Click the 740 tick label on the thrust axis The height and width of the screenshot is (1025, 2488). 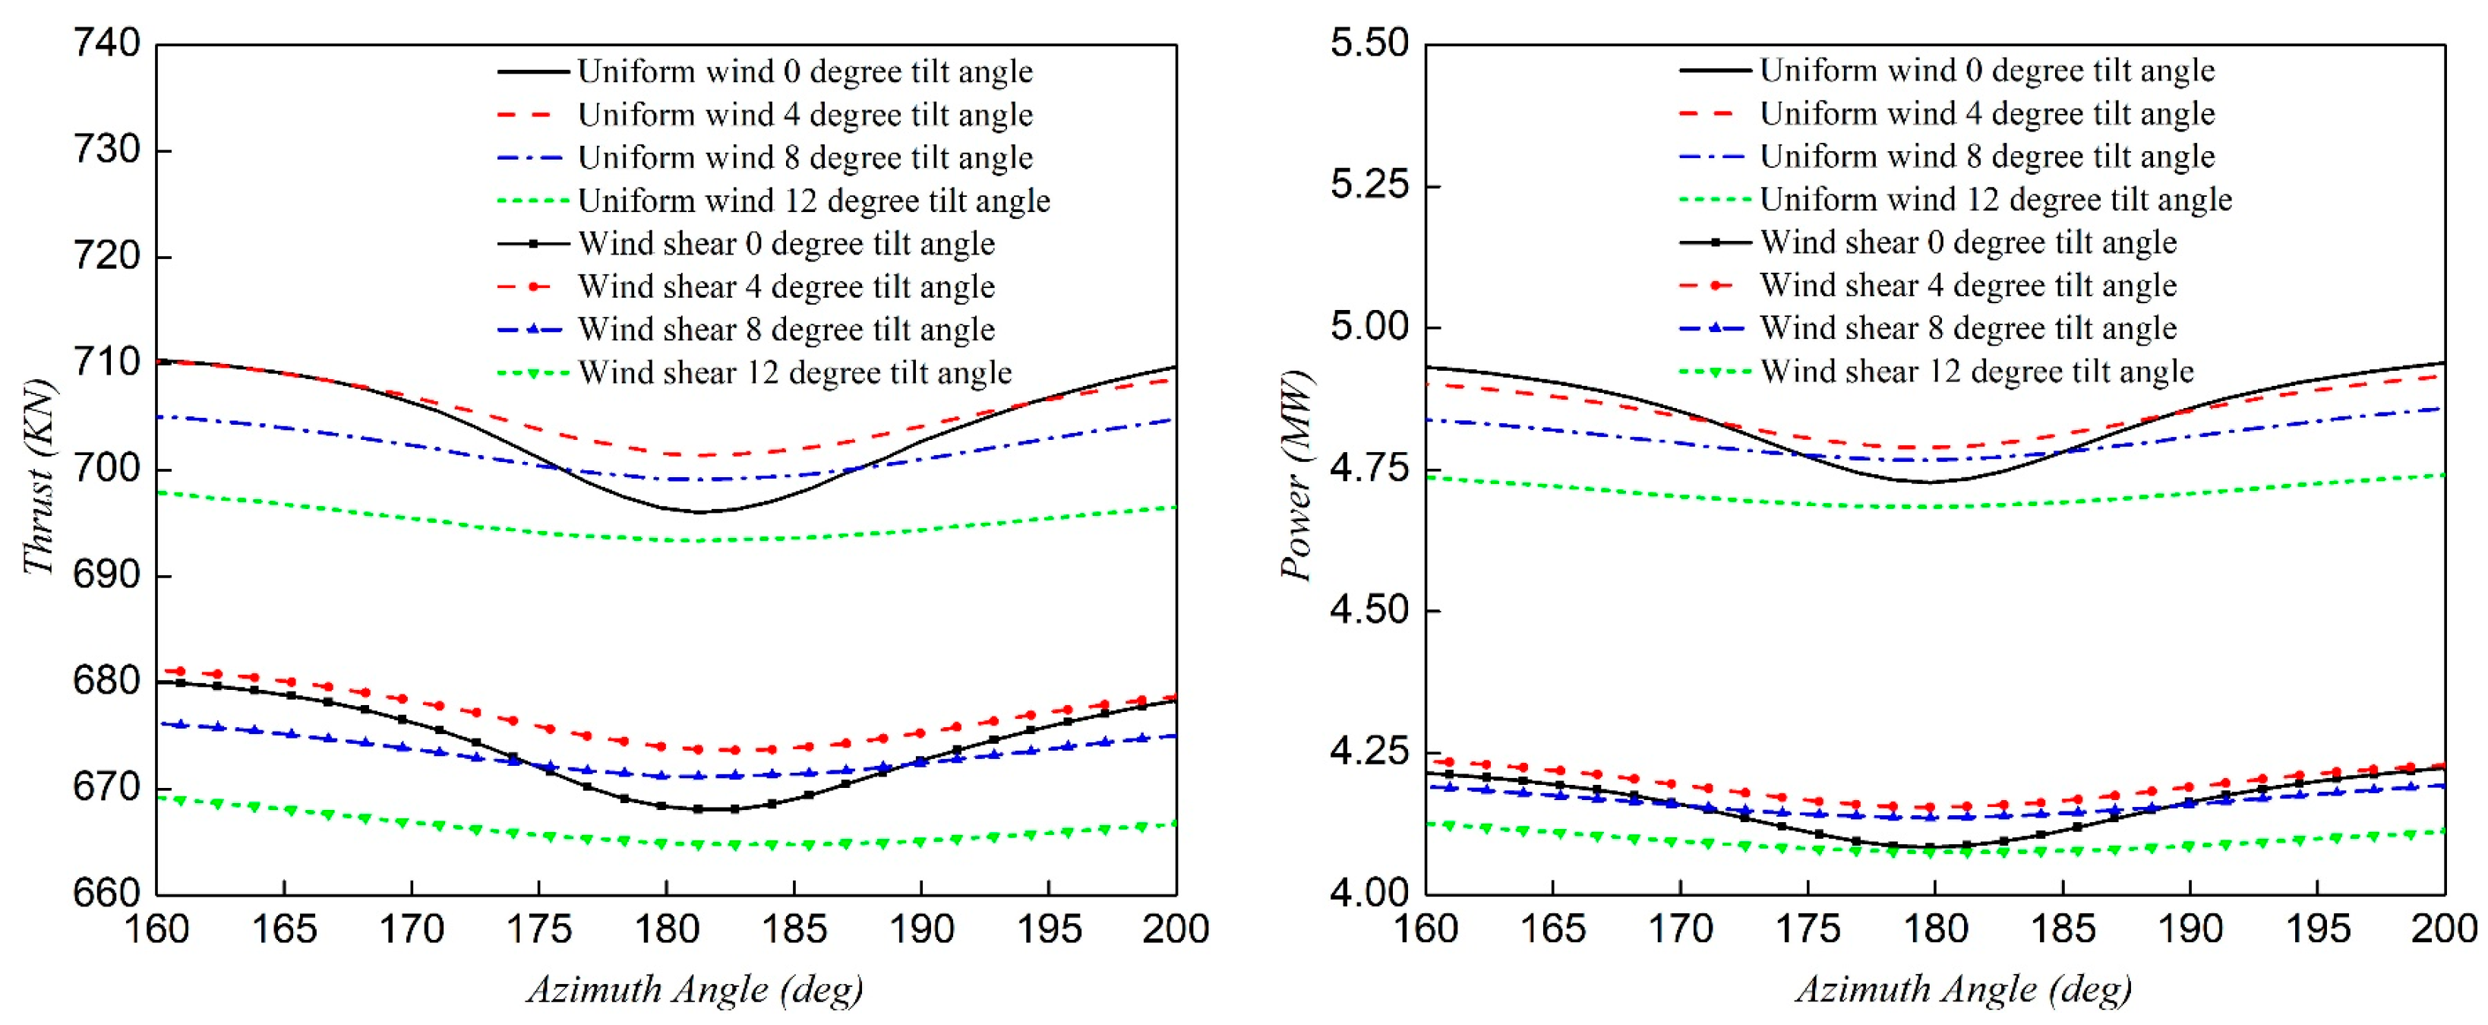tap(106, 43)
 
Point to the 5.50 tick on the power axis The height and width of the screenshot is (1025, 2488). tap(1369, 43)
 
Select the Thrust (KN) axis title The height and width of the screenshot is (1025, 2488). tap(39, 476)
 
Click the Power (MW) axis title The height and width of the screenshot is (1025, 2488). tap(1297, 476)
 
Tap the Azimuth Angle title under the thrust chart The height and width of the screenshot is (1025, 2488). tap(694, 989)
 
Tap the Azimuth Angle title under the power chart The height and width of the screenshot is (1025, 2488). tap(1963, 989)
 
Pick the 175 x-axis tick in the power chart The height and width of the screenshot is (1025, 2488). tap(1808, 929)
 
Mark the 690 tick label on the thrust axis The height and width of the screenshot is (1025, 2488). tap(106, 575)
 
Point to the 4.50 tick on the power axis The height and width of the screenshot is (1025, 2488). tap(1369, 611)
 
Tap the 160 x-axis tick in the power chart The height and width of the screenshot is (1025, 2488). tap(1426, 929)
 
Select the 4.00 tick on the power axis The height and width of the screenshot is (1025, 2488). tap(1369, 893)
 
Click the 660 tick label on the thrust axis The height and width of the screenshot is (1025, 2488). tap(106, 893)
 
